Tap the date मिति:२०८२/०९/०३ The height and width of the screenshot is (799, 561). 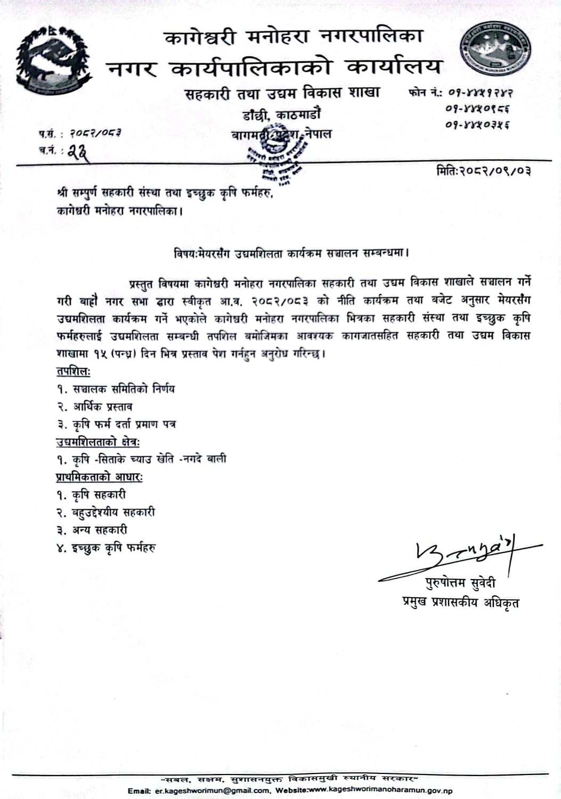[483, 171]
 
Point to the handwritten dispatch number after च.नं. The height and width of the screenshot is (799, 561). [78, 153]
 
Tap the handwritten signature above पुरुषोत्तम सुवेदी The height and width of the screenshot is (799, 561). [460, 555]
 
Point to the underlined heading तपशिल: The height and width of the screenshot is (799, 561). [74, 371]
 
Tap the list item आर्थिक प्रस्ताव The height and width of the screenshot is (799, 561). [103, 407]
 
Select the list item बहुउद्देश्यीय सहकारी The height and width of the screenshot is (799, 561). [113, 512]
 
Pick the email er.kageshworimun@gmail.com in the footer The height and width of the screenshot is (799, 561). [212, 791]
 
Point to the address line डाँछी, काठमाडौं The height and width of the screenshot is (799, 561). [282, 115]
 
